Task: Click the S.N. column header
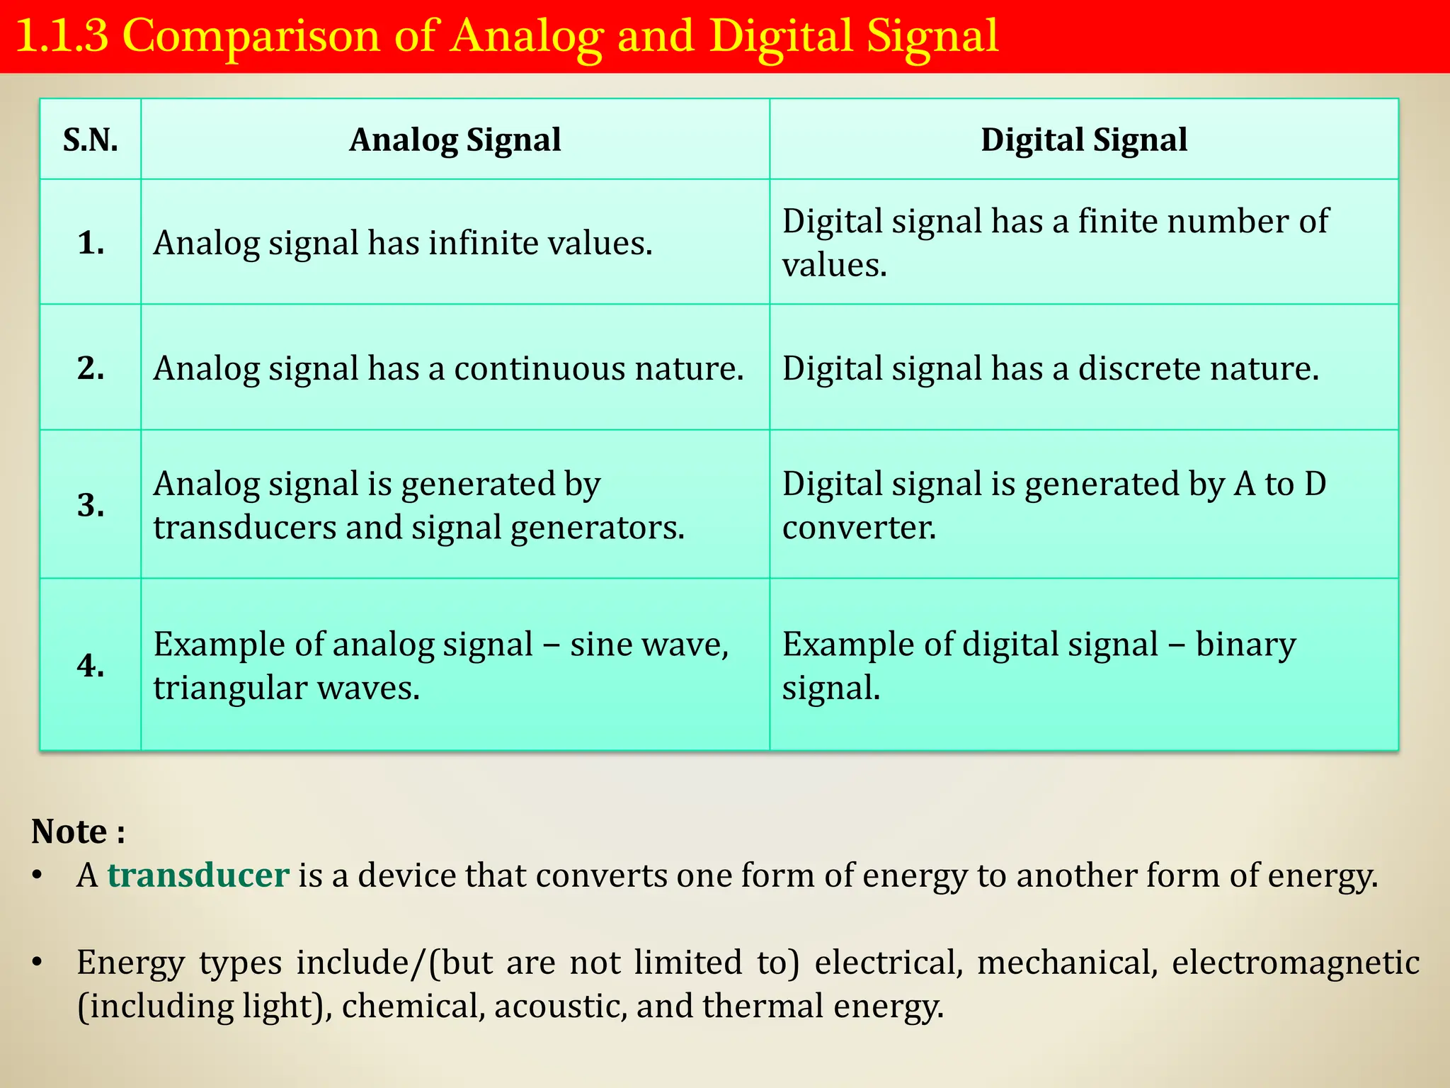91,140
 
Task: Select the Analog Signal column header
455,140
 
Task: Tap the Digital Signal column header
1083,140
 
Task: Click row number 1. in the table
91,243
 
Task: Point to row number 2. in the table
91,368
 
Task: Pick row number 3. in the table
91,505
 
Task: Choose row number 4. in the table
91,666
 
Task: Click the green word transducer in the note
198,875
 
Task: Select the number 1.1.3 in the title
62,37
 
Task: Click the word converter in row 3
859,528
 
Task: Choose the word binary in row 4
1245,645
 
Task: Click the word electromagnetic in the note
1296,963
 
